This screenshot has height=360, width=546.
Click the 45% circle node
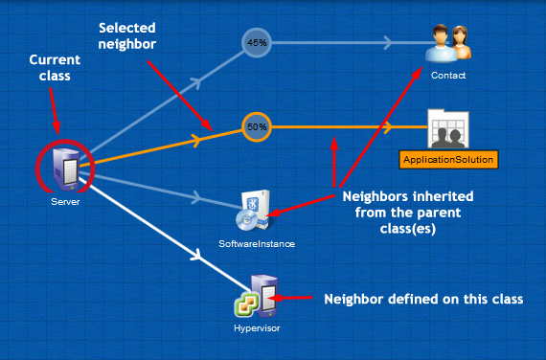(x=256, y=43)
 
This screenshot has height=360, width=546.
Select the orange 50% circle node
(x=256, y=126)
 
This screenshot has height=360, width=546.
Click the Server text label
(x=65, y=202)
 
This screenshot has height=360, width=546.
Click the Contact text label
(x=448, y=75)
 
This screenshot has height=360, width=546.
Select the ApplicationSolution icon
(x=448, y=126)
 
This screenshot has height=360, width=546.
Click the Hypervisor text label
(x=258, y=328)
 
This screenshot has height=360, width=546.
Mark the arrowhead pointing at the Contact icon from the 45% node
(x=387, y=43)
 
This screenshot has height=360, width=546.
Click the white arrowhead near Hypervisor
(x=197, y=256)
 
